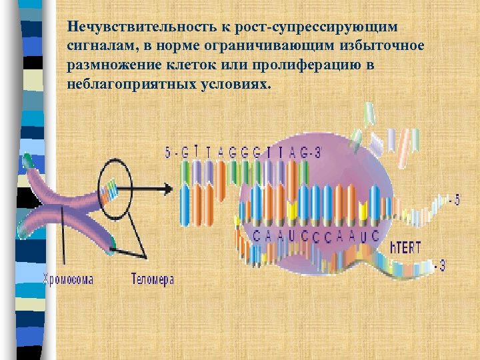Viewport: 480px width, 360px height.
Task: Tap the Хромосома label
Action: point(68,280)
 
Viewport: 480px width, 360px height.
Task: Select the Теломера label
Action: point(153,280)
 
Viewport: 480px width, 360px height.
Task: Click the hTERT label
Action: point(405,248)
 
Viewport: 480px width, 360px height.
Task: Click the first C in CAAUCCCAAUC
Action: point(257,235)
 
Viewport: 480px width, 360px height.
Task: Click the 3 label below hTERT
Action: point(441,267)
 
